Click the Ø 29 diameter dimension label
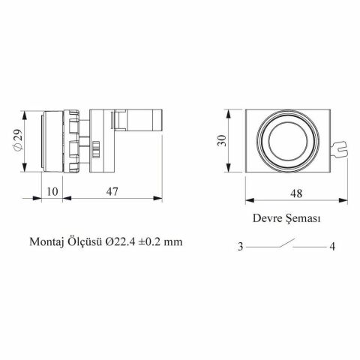(18, 140)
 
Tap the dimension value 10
(52, 191)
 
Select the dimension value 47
(112, 191)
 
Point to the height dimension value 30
(221, 140)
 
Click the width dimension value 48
(296, 193)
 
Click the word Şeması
(303, 218)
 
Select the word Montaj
(46, 241)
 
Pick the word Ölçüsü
(84, 241)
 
